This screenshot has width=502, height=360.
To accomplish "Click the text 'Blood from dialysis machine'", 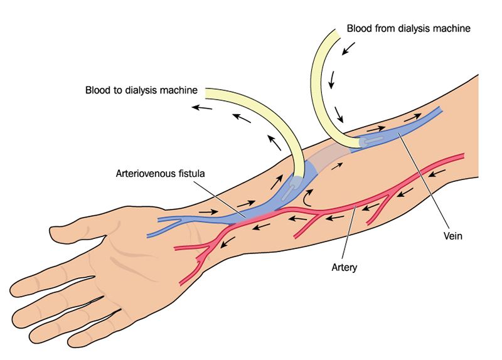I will click(409, 29).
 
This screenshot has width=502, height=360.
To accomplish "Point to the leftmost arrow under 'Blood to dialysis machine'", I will click(201, 107).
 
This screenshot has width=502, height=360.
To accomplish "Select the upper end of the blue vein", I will click(439, 110).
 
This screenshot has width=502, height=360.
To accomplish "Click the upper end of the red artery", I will click(461, 156).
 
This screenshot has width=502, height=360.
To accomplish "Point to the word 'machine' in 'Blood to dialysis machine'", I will click(181, 90).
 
